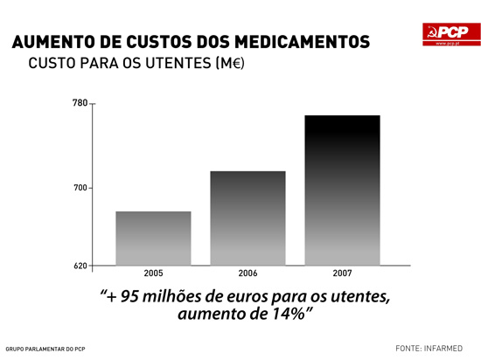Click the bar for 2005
[153, 238]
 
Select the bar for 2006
[247, 218]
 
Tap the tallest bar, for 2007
[342, 190]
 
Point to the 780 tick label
[80, 104]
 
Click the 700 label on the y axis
[80, 188]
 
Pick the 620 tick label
[80, 265]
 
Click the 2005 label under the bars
[153, 273]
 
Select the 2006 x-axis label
[247, 273]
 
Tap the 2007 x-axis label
[342, 273]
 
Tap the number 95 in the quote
[130, 296]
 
